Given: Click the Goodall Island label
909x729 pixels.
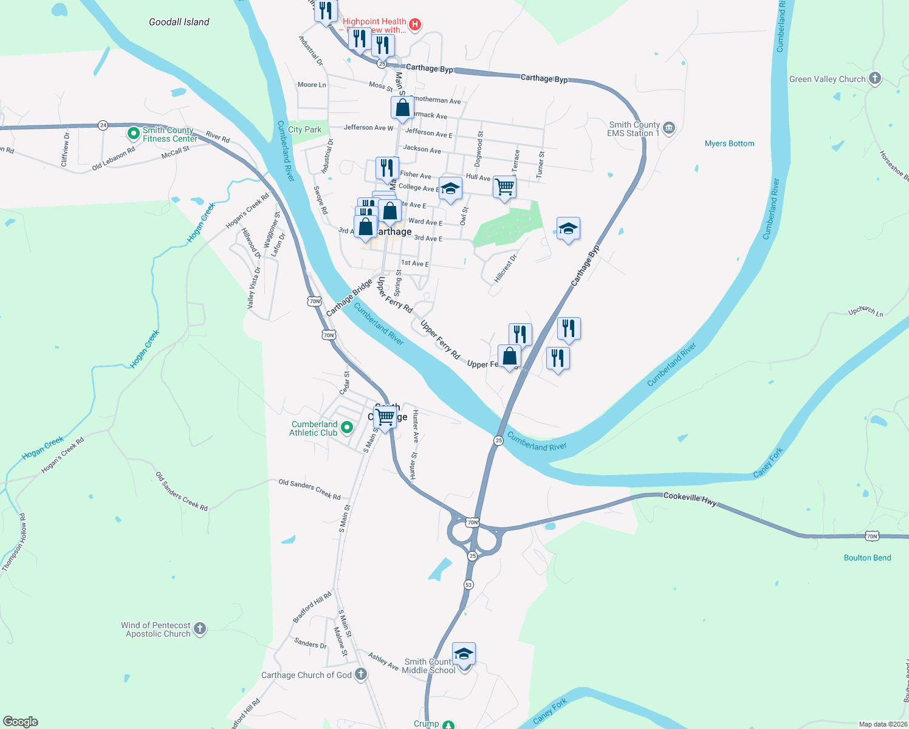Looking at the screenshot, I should coord(179,22).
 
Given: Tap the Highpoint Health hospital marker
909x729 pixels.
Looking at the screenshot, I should coord(415,24).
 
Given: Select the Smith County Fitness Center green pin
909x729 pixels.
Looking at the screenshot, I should coord(133,133).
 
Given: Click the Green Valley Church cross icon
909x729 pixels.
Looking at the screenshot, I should coord(874,78).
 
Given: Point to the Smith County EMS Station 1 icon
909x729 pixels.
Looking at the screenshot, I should coord(669,128).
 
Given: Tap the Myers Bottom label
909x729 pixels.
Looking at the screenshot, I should coord(729,144).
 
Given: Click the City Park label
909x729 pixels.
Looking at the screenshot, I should coord(304,129).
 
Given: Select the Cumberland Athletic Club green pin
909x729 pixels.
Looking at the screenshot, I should coord(347,428).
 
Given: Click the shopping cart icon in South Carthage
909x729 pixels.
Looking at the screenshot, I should coord(385,417).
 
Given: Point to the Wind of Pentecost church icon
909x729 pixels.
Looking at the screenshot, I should coord(200,629).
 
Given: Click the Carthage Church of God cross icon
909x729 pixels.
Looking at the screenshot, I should coord(360,674).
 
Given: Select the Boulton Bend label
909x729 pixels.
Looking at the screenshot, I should coord(867,558).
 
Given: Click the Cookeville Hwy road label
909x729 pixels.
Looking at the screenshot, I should coord(690,498).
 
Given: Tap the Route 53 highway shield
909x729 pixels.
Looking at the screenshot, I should coord(468,584).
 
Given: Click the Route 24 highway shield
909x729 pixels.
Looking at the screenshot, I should coord(103,125).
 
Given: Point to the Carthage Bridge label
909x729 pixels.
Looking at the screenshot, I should coord(349,298).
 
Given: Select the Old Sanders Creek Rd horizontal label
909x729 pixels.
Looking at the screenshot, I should coord(309,489).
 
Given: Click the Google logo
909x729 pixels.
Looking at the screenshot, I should coord(21,722).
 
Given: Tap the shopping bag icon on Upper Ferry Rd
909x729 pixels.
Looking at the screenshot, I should coord(509,357).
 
